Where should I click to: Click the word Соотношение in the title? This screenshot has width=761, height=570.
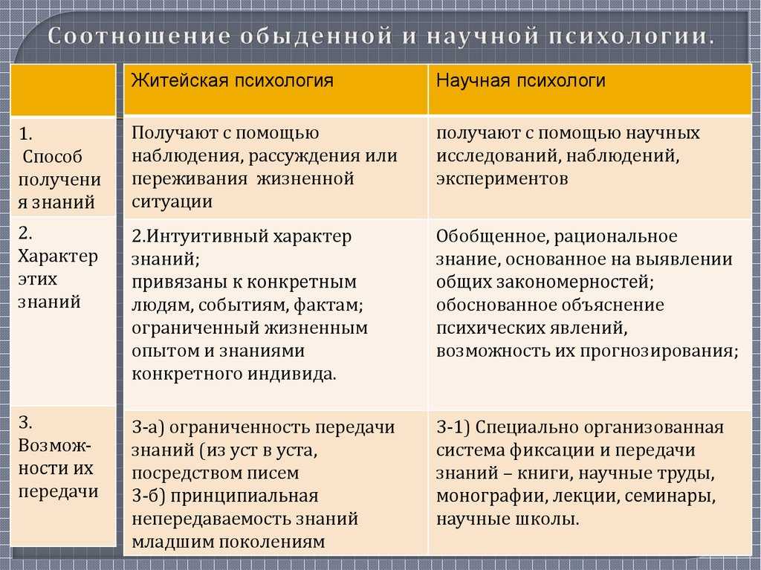pos(138,37)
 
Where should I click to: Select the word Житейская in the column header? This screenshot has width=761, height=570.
pos(180,80)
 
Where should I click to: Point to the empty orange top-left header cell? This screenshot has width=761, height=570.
pos(63,90)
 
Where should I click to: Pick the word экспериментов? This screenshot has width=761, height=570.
pos(502,178)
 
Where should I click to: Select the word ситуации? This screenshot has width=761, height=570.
pos(172,201)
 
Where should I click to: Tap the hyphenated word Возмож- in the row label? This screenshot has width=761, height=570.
pos(55,445)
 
